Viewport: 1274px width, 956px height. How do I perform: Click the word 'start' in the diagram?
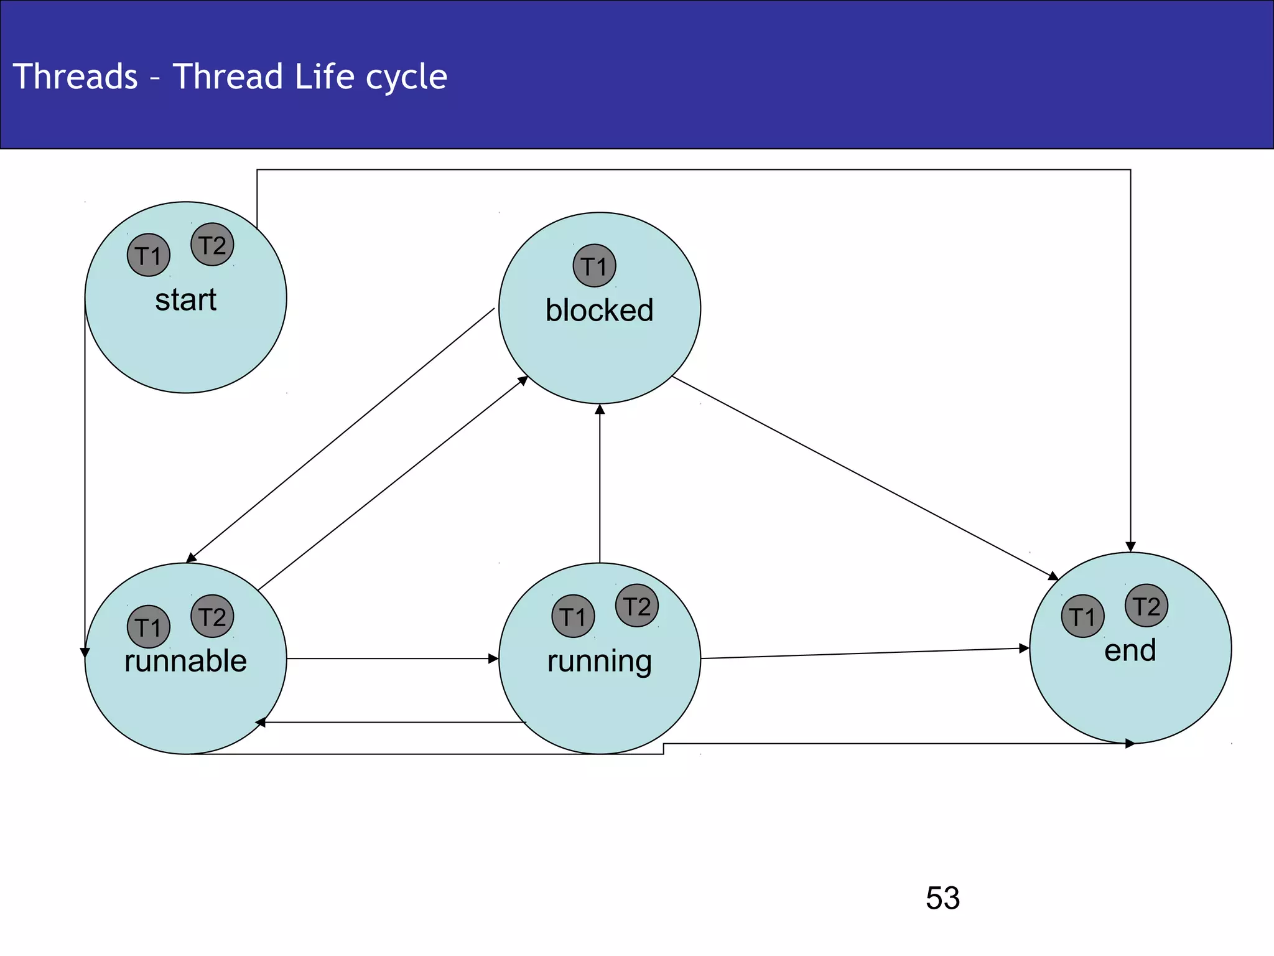(x=185, y=300)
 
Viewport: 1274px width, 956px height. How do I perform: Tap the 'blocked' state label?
(x=599, y=310)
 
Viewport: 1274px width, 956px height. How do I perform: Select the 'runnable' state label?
(x=185, y=661)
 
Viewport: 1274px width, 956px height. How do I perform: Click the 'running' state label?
(x=599, y=661)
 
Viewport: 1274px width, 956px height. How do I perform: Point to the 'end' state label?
(x=1130, y=650)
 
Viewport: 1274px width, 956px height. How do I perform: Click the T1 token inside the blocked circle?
(x=594, y=266)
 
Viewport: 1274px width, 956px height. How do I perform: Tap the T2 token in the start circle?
(x=212, y=245)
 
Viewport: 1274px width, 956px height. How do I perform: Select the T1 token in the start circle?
(x=148, y=255)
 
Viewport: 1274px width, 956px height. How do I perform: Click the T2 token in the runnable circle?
(x=212, y=616)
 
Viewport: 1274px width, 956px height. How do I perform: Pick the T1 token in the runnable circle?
(x=148, y=627)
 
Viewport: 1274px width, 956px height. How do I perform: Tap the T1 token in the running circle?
(x=573, y=616)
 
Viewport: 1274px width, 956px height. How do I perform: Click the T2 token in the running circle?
(x=636, y=606)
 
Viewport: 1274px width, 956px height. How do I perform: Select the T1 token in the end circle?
(x=1082, y=616)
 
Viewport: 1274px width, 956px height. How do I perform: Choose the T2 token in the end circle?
(x=1146, y=606)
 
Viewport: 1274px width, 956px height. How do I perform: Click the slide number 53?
(x=942, y=898)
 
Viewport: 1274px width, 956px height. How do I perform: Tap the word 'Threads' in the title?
(x=75, y=77)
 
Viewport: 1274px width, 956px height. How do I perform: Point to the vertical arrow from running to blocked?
(x=600, y=485)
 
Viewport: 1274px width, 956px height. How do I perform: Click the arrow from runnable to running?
(x=392, y=658)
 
